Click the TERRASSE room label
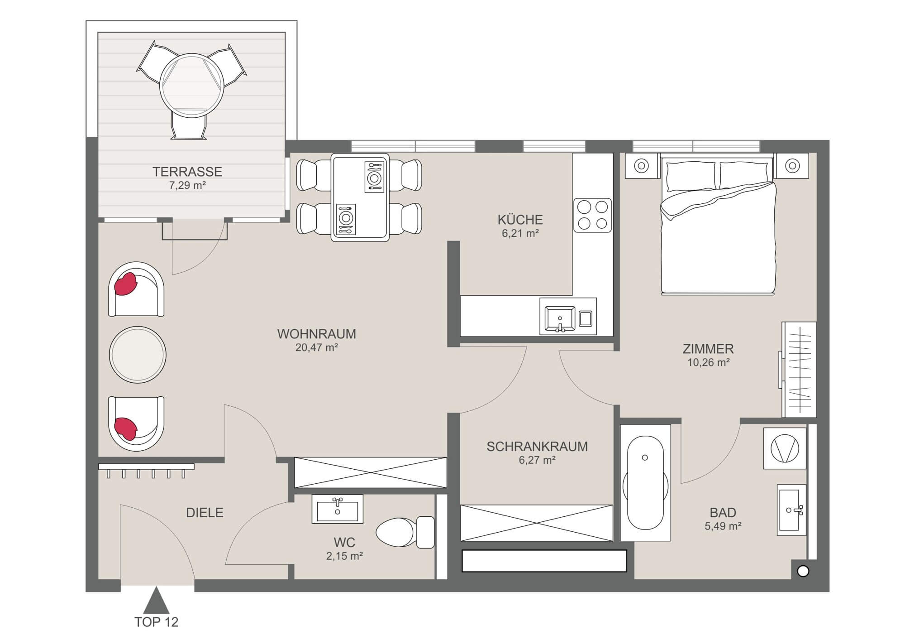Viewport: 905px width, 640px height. click(187, 172)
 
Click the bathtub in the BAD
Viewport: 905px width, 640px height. click(645, 482)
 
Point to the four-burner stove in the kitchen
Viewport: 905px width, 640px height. click(592, 215)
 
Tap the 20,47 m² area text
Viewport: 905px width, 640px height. click(316, 347)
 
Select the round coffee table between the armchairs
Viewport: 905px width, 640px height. click(138, 354)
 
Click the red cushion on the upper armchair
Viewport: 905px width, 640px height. click(126, 284)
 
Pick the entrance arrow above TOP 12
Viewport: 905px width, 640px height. click(156, 601)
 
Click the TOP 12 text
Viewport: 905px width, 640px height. click(156, 622)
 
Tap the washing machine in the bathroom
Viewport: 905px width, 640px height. click(785, 448)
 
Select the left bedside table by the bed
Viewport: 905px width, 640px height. click(641, 166)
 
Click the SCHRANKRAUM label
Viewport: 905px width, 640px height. click(537, 447)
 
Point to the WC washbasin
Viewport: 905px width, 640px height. click(337, 509)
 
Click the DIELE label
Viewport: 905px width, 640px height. click(205, 513)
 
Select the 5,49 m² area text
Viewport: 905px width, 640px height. click(723, 526)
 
